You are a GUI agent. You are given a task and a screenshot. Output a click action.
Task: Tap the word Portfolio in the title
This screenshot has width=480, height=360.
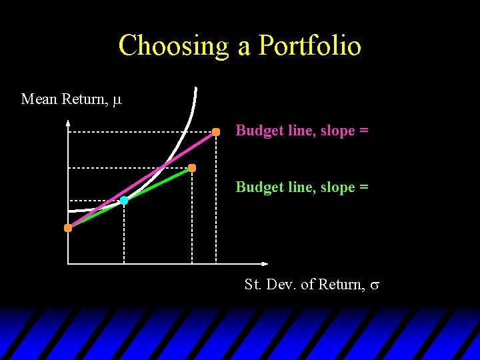coord(309,46)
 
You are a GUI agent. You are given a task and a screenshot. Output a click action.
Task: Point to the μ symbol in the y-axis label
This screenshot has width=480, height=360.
coord(117,100)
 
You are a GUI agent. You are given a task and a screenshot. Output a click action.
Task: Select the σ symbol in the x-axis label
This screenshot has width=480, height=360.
coord(375,285)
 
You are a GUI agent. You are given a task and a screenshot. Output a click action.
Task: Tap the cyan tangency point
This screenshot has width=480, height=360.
coord(124,200)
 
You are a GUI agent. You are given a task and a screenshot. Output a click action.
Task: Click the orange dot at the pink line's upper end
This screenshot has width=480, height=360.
coord(216,132)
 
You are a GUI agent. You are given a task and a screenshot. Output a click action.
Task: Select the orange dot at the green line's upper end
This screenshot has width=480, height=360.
coord(192,168)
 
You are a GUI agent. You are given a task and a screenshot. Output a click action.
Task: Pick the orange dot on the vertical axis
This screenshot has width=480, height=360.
coord(68,228)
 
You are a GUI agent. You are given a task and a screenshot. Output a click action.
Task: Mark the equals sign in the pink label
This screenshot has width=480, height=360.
coord(363,131)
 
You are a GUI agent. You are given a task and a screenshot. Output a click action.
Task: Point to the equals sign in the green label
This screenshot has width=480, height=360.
coord(363,188)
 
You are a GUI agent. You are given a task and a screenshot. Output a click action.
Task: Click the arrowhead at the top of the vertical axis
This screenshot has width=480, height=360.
coord(68,122)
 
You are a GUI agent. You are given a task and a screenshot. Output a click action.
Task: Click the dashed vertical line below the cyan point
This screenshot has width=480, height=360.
coord(124,233)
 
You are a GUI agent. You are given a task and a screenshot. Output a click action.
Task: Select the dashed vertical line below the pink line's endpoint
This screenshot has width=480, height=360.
coord(216,200)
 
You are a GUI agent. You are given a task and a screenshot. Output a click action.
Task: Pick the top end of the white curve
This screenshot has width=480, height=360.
coord(195,89)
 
